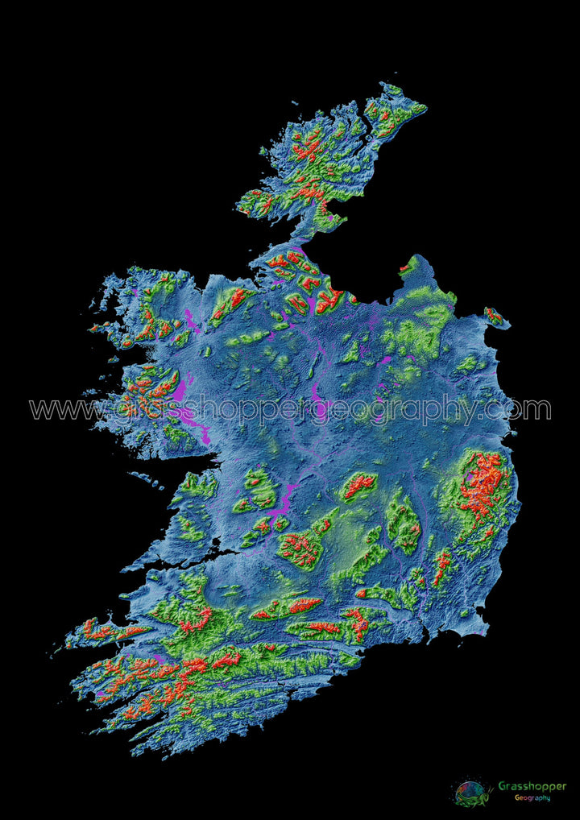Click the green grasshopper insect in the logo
[x=472, y=792]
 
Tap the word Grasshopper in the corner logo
[x=532, y=785]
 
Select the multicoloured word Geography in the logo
[x=532, y=797]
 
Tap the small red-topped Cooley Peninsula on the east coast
[x=494, y=316]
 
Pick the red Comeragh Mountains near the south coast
[x=355, y=620]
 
